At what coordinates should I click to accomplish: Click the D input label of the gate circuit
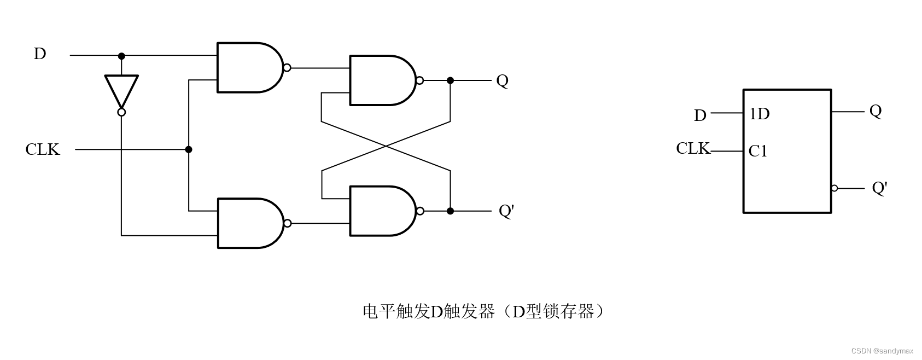[40, 54]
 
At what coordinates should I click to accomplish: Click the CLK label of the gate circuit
[42, 149]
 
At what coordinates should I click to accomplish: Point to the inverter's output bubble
[121, 112]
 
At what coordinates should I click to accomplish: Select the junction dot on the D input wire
[121, 56]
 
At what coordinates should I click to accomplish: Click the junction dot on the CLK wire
[189, 149]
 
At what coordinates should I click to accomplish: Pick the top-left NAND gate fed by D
[249, 68]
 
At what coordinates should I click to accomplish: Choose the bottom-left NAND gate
[249, 223]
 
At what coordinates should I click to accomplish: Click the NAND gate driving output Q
[381, 80]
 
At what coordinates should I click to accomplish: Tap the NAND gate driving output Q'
[381, 211]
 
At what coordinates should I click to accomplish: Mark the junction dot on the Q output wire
[450, 80]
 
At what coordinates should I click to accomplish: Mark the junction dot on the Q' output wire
[450, 211]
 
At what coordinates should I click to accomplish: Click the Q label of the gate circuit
[502, 81]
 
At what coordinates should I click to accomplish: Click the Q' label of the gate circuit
[506, 211]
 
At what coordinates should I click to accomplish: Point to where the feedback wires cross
[386, 146]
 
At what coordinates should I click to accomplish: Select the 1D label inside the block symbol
[759, 114]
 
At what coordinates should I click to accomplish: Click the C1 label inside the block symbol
[758, 151]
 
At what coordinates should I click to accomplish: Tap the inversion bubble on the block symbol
[834, 188]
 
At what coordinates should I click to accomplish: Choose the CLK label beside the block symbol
[692, 148]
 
